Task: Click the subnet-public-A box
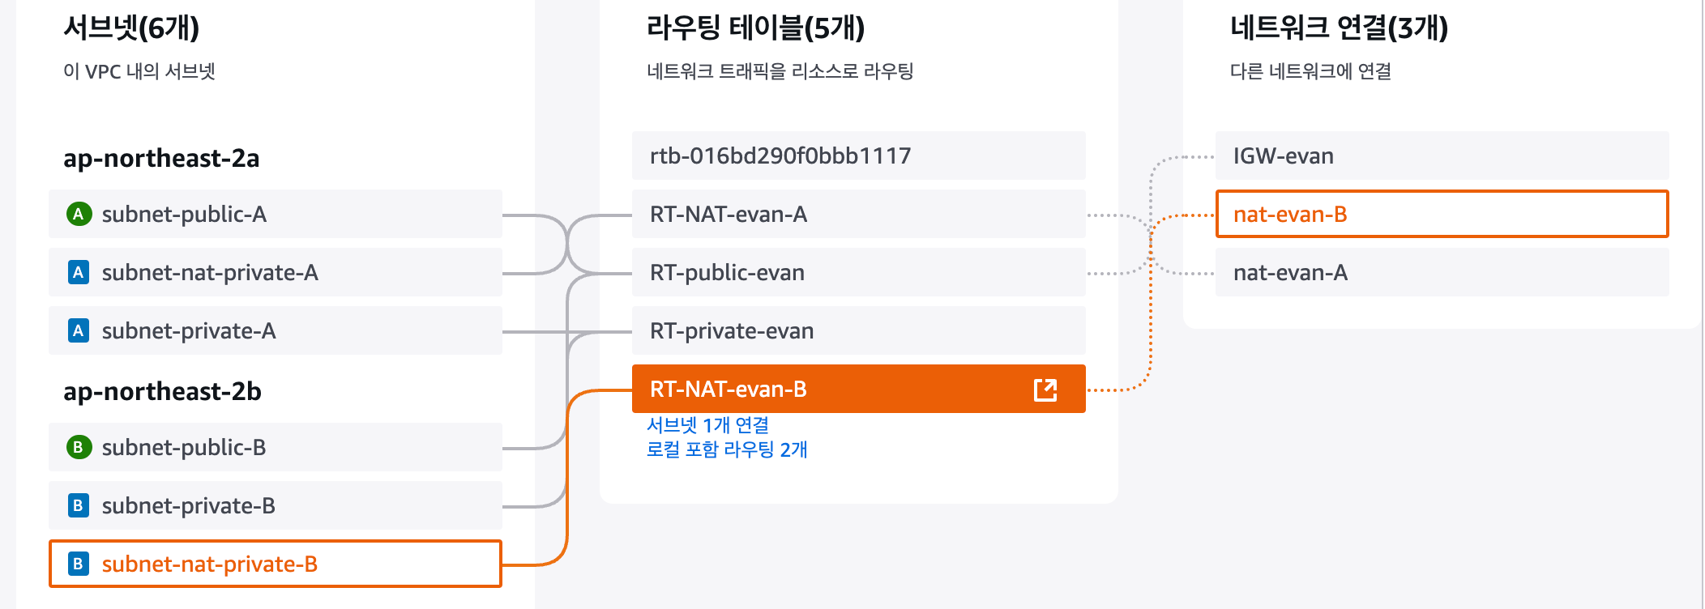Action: point(276,214)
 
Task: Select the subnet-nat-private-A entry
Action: point(276,272)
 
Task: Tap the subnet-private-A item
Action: point(276,330)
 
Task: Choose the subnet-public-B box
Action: point(276,447)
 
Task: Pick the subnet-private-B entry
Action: point(276,505)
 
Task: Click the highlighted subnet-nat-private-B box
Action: point(276,564)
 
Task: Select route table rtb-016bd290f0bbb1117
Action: point(857,155)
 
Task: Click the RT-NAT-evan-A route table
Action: point(857,214)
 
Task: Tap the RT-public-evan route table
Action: point(857,272)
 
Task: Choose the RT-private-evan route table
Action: point(857,330)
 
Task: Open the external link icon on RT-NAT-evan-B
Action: point(1045,390)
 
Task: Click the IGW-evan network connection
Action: point(1441,155)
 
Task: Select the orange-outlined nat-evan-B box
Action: point(1441,214)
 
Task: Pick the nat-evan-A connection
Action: point(1441,272)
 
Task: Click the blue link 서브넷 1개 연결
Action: point(707,425)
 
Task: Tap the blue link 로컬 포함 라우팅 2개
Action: point(727,449)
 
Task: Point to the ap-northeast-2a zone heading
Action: point(161,158)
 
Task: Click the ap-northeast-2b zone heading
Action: point(162,391)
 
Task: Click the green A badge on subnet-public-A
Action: point(79,214)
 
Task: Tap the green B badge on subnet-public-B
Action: point(79,447)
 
